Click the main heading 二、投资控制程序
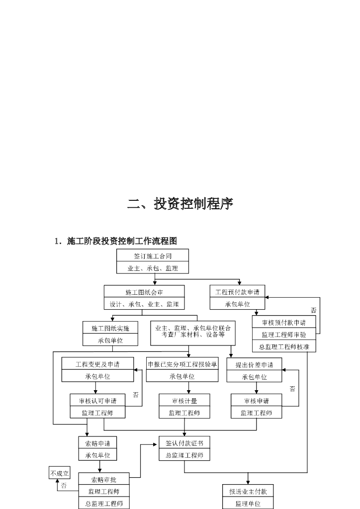[180, 204]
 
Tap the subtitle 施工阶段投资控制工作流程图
[121, 241]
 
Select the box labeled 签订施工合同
[153, 256]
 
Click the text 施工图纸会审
[144, 292]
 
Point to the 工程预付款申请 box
[237, 292]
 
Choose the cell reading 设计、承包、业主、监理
[144, 304]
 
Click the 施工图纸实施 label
[110, 329]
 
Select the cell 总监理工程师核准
[283, 346]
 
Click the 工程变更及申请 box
[97, 364]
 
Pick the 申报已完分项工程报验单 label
[182, 364]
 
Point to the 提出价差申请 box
[254, 364]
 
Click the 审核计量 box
[184, 401]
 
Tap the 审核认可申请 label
[97, 401]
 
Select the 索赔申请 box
[97, 443]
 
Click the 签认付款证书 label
[184, 443]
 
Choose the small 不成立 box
[60, 474]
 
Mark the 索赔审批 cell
[103, 480]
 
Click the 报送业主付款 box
[248, 492]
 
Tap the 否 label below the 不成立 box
[64, 486]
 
